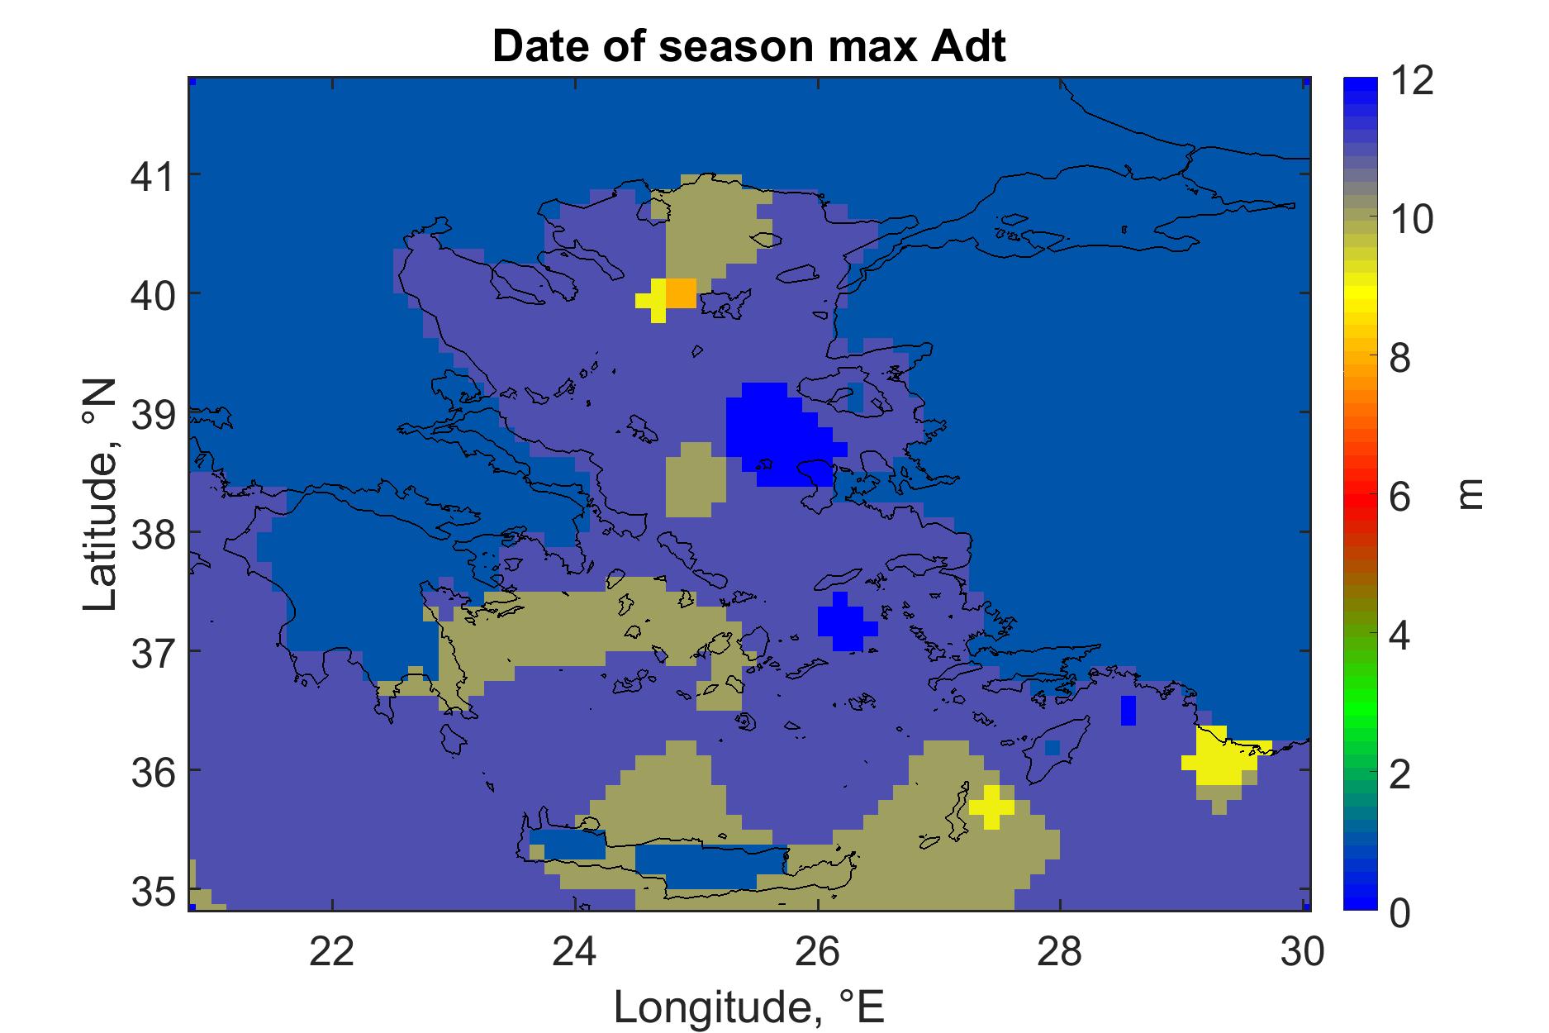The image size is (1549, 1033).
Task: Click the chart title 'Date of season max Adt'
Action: click(x=749, y=46)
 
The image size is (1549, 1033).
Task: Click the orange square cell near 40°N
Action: click(x=681, y=293)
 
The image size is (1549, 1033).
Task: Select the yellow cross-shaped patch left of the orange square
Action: click(x=658, y=301)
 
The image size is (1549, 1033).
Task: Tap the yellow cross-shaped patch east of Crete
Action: click(x=991, y=807)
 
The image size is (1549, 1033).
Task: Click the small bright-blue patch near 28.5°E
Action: click(x=1128, y=711)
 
